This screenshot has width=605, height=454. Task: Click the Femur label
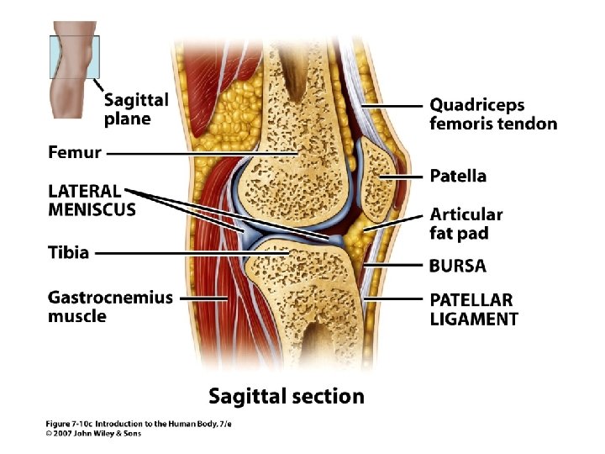[75, 153]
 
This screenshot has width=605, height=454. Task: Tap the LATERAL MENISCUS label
[92, 201]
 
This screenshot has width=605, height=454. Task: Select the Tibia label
[68, 252]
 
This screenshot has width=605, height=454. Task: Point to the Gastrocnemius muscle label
[110, 307]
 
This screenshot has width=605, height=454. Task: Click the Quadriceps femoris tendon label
[492, 114]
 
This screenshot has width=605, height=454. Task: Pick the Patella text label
[457, 177]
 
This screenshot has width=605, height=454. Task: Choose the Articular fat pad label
[466, 224]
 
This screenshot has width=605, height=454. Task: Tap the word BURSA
[457, 266]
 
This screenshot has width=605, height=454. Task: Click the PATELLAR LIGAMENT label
[473, 309]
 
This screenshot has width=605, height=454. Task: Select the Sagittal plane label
[135, 109]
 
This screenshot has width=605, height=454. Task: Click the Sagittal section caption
[287, 396]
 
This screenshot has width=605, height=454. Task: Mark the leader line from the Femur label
[202, 154]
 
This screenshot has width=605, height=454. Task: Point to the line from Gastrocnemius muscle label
[203, 298]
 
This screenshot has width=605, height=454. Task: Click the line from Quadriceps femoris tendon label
[391, 106]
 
